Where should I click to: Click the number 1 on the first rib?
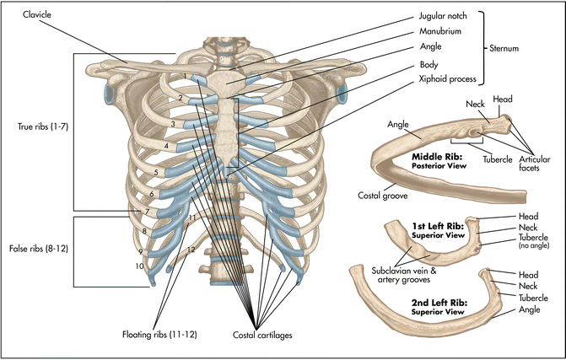[x=184, y=78]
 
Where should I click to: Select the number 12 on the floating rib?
[x=191, y=250]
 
